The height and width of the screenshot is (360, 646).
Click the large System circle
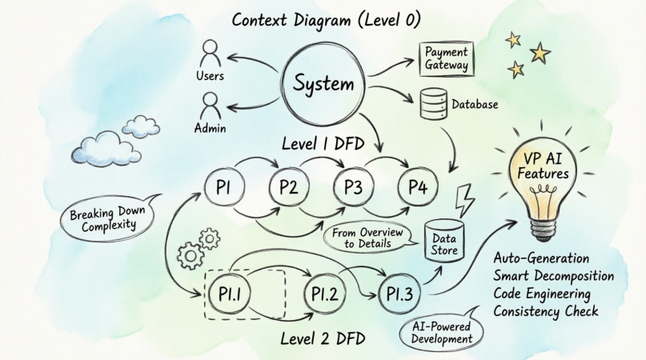point(323,84)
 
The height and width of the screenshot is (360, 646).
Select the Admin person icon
point(211,106)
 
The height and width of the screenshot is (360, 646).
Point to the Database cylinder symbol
point(433,102)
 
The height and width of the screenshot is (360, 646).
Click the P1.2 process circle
point(326,295)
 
